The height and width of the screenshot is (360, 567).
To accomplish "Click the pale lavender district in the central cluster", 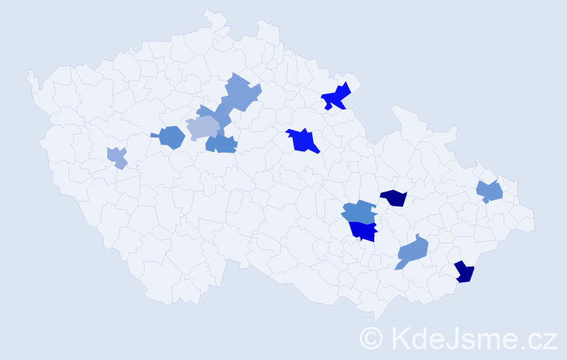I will coord(202,127).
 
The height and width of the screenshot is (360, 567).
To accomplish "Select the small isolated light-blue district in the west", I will coord(117,157).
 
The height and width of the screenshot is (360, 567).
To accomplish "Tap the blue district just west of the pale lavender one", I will coord(171,137).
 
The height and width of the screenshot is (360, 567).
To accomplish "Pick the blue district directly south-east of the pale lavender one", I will coord(221,144).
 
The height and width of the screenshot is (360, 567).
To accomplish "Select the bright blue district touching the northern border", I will coord(337,96).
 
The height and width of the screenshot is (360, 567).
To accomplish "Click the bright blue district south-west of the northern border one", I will coord(303,140).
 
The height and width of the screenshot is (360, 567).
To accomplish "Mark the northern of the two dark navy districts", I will coord(394,197).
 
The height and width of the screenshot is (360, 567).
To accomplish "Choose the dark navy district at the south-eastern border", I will coord(465,271).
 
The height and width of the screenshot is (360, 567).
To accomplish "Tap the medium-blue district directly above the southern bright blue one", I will coord(358,212).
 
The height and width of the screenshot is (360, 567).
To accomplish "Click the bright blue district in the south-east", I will coord(364,231).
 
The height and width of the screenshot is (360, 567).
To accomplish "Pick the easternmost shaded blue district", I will coord(490,192).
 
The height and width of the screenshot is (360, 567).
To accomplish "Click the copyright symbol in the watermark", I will coord(372,338).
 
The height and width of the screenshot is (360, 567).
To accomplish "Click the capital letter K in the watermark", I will coord(398,337).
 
